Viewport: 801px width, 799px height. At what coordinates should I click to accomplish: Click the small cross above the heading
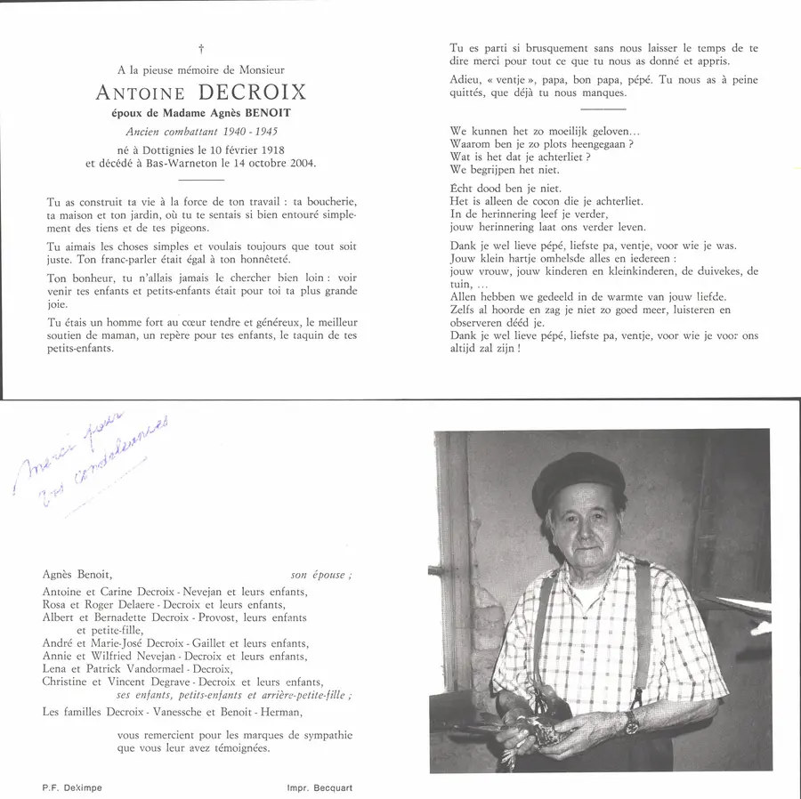point(201,48)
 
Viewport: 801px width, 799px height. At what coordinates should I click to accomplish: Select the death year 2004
point(298,164)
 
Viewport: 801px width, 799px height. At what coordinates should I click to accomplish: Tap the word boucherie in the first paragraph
point(326,201)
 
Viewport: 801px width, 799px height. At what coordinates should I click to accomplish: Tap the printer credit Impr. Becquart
point(320,788)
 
